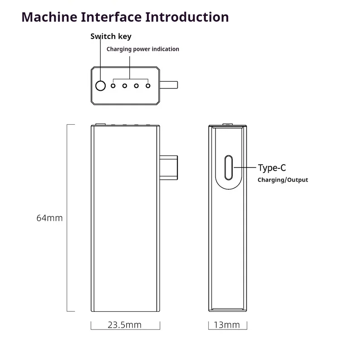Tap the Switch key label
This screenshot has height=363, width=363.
pos(111,37)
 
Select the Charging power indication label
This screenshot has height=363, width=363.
pos(142,49)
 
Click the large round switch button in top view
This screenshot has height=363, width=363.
pos(100,85)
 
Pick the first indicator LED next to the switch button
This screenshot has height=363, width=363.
pos(113,85)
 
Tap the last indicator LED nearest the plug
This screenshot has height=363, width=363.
pos(148,85)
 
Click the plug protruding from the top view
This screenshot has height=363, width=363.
pos(169,85)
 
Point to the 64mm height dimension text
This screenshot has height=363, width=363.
pos(49,218)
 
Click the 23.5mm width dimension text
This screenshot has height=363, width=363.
pos(124,325)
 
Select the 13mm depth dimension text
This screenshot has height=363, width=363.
pos(227,325)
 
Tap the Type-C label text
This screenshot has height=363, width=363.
pos(272,168)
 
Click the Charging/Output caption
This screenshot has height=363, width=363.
pos(283,180)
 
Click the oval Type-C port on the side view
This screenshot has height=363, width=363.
pos(229,167)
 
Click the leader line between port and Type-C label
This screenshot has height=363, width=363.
pos(245,167)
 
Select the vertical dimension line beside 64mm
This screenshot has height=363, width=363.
pos(68,218)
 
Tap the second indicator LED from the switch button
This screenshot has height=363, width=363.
pos(124,85)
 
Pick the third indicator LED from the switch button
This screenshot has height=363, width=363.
pos(136,85)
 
